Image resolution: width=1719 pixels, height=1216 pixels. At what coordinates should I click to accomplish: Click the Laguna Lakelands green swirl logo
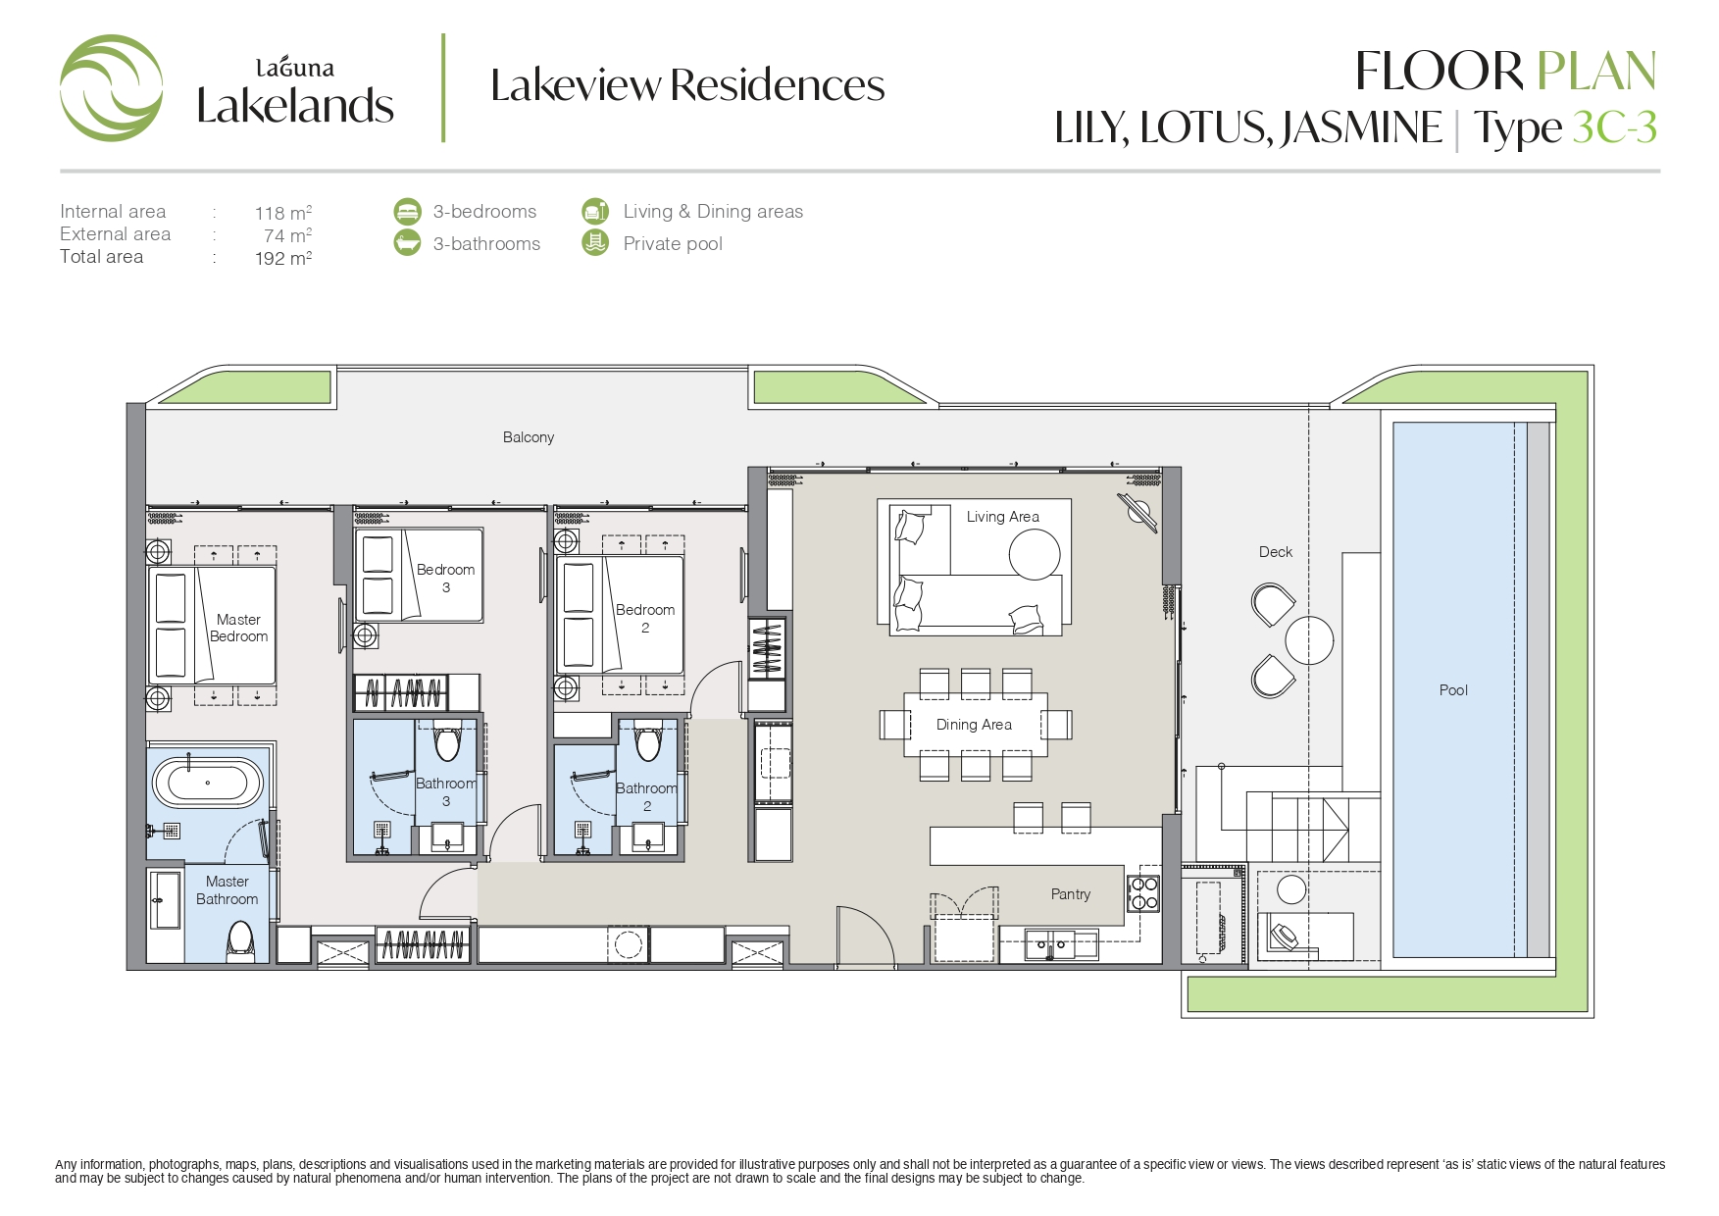pyautogui.click(x=111, y=88)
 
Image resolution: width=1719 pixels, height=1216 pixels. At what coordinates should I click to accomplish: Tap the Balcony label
pyautogui.click(x=529, y=437)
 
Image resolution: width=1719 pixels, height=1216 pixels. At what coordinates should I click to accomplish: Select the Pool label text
pyautogui.click(x=1453, y=690)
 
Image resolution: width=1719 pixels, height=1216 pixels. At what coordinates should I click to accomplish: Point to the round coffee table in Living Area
pyautogui.click(x=1035, y=554)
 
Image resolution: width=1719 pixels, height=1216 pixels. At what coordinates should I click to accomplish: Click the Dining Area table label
pyautogui.click(x=974, y=725)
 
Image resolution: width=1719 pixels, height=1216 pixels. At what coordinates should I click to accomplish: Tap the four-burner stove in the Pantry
pyautogui.click(x=1143, y=892)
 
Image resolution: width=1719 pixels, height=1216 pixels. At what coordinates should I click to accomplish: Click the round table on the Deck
pyautogui.click(x=1309, y=640)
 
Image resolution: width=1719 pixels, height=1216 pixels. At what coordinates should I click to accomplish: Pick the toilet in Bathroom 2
pyautogui.click(x=648, y=741)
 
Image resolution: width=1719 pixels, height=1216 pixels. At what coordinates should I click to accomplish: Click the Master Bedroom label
pyautogui.click(x=238, y=628)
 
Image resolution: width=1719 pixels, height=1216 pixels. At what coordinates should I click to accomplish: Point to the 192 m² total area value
pyautogui.click(x=283, y=258)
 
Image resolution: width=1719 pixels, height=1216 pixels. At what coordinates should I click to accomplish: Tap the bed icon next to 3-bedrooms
pyautogui.click(x=407, y=211)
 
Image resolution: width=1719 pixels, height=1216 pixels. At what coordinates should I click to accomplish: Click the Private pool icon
pyautogui.click(x=595, y=242)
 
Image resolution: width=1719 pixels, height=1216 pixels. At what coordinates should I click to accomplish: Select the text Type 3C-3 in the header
pyautogui.click(x=1565, y=127)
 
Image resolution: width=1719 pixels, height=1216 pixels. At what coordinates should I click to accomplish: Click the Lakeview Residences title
pyautogui.click(x=687, y=85)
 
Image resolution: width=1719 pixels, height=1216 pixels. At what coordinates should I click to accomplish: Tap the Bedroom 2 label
pyautogui.click(x=645, y=618)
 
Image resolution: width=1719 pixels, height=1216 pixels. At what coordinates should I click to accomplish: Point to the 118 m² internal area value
pyautogui.click(x=283, y=213)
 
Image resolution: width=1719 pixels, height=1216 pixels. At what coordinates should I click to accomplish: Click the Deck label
pyautogui.click(x=1276, y=552)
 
